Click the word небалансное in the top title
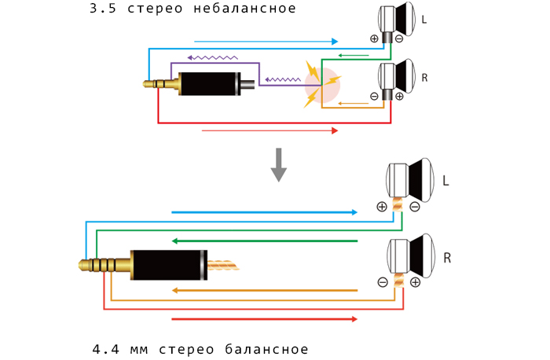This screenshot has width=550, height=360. [x=249, y=9]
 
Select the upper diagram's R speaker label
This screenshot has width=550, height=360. [x=424, y=77]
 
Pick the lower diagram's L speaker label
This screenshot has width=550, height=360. [x=445, y=181]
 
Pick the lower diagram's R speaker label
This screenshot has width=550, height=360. [x=447, y=257]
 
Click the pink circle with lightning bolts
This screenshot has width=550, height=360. [x=322, y=84]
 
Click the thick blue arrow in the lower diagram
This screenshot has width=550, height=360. [x=264, y=212]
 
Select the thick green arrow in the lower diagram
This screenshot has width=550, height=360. [x=264, y=241]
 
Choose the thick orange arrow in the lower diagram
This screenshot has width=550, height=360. [x=264, y=291]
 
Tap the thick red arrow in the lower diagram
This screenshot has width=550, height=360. [x=264, y=318]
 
